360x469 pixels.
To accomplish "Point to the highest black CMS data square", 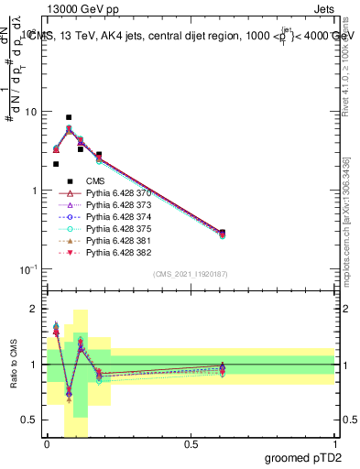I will coord(69,118).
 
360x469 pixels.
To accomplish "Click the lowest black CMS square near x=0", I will coord(56,164).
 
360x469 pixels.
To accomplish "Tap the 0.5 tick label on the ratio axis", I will coord(32,420).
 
